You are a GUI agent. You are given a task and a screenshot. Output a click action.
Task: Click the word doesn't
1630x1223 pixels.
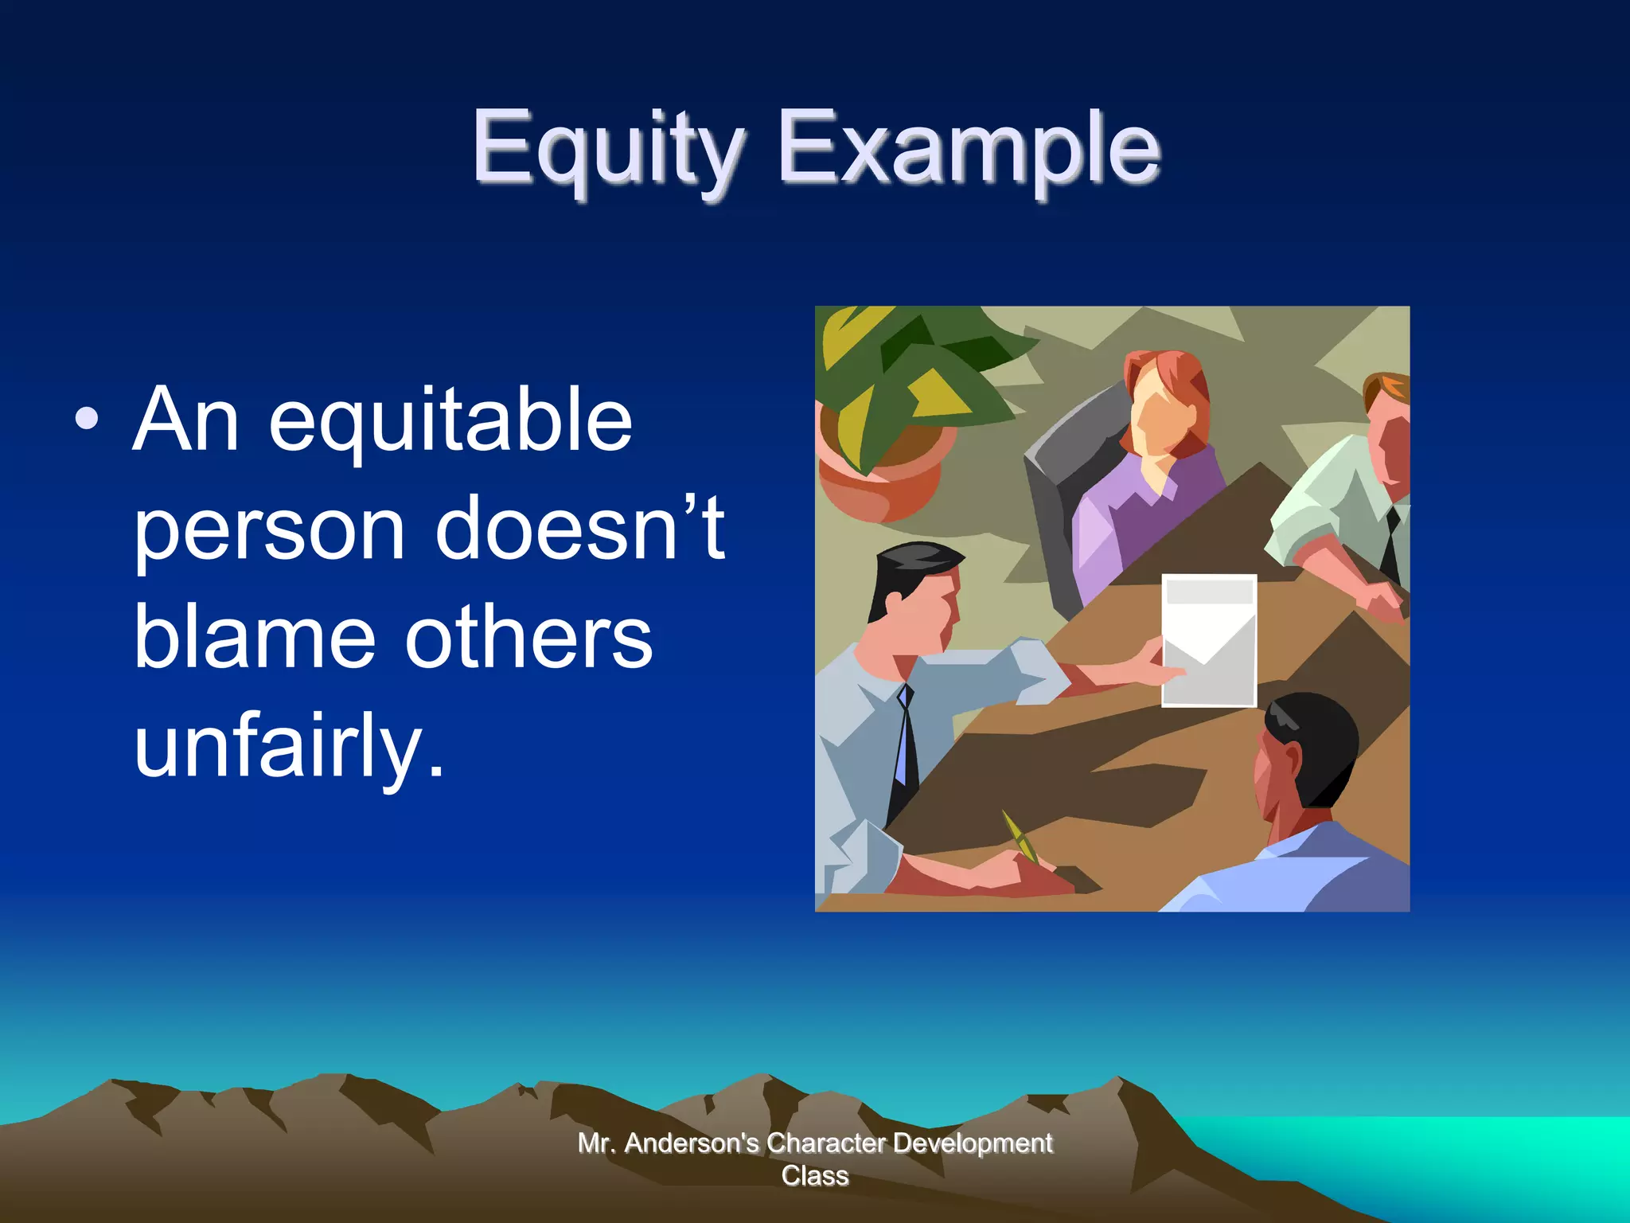[579, 527]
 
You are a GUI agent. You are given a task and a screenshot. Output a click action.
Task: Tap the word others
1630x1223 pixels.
[528, 637]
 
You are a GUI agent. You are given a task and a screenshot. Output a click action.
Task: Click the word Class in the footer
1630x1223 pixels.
[814, 1176]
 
